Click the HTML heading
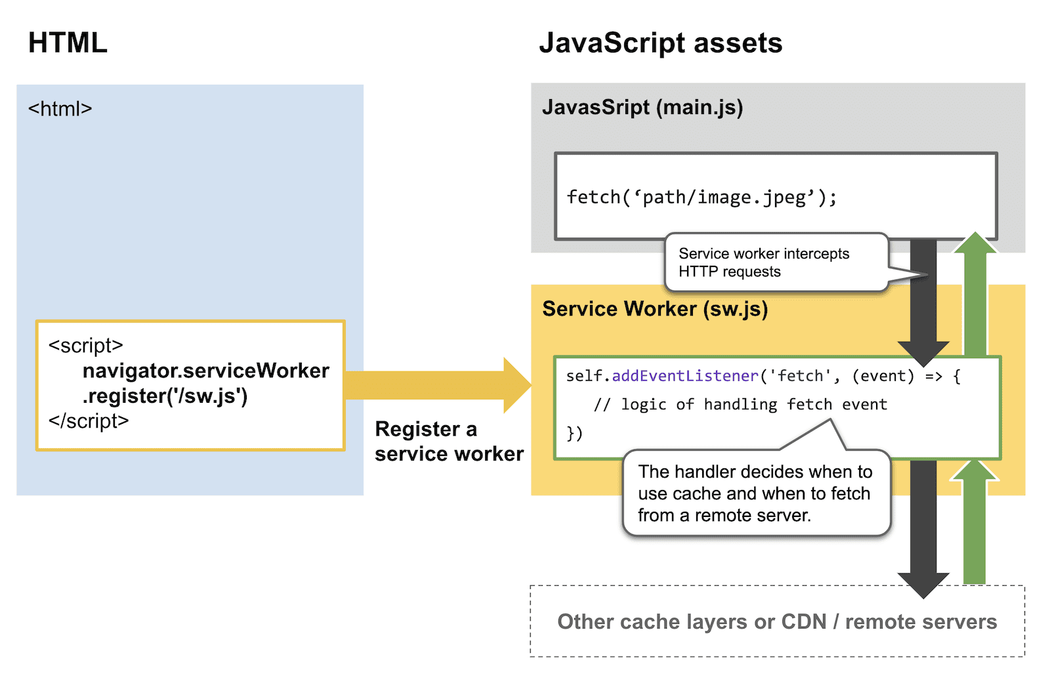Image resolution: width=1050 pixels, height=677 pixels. tap(68, 43)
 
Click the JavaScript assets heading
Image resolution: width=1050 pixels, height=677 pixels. tap(660, 43)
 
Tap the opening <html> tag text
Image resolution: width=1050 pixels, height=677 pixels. tap(60, 109)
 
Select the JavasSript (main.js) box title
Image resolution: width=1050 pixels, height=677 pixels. tap(642, 107)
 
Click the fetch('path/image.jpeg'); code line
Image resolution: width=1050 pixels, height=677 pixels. tap(702, 197)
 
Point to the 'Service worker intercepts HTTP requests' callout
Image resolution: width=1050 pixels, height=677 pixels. tap(764, 262)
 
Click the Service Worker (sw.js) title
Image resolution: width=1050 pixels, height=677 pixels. tap(654, 309)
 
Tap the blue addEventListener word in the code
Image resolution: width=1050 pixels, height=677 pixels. tap(684, 376)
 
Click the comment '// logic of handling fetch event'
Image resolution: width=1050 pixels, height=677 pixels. tap(740, 405)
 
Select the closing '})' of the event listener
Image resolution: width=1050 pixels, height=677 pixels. tap(574, 433)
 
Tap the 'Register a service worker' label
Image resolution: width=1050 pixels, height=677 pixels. tap(449, 441)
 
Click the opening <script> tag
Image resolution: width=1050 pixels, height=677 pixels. tap(85, 346)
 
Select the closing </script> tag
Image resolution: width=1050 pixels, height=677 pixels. tap(89, 421)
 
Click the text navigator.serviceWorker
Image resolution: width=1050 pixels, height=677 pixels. tap(205, 371)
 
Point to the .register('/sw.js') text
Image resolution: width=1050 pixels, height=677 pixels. tap(165, 396)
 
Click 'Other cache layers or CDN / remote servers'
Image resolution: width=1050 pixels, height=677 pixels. tap(777, 622)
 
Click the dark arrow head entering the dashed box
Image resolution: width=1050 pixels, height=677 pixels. tap(923, 585)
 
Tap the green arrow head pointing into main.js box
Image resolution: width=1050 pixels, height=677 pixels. tap(975, 243)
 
